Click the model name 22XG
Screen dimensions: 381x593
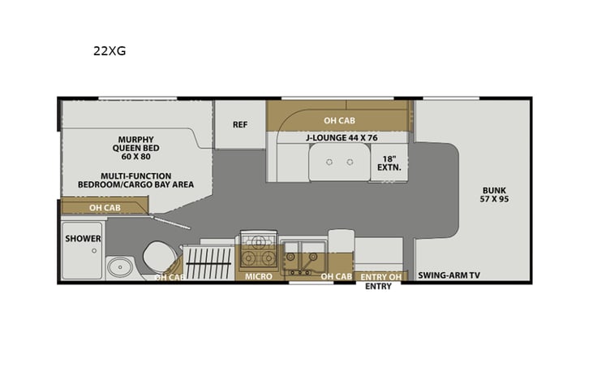(110, 50)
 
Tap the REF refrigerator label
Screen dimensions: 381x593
(239, 124)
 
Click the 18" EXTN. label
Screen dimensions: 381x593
(388, 162)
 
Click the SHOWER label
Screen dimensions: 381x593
(83, 239)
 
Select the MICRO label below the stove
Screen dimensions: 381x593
(257, 276)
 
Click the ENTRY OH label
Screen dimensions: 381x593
(378, 276)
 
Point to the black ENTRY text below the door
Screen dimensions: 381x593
(378, 287)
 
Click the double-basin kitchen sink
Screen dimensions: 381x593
(303, 252)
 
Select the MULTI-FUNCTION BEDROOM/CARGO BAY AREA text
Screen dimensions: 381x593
(135, 180)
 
